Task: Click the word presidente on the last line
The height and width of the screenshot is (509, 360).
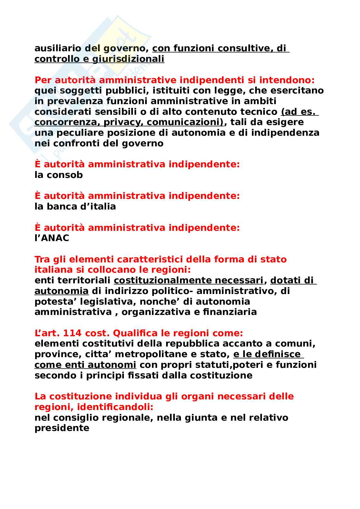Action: (x=62, y=428)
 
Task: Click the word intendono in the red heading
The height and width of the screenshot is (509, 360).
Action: (x=288, y=80)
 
